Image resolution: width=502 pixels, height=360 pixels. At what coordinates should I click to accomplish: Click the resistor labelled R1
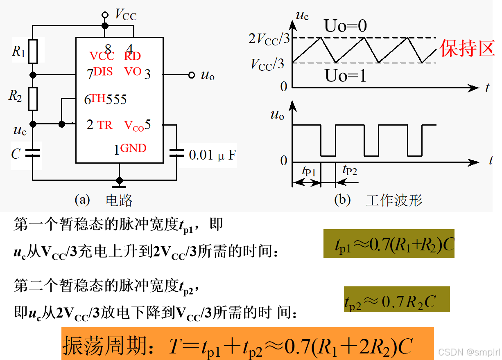[33, 51]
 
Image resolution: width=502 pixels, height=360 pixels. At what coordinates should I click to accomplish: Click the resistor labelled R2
[33, 99]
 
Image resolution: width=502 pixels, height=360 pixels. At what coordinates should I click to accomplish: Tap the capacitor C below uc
[33, 153]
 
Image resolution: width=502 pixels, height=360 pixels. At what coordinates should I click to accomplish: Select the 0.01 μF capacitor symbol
[177, 153]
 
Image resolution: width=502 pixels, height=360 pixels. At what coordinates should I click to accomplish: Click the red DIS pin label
[103, 72]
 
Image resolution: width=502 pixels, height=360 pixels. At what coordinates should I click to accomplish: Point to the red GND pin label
[133, 148]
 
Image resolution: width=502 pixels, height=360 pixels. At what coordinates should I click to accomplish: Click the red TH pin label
[98, 98]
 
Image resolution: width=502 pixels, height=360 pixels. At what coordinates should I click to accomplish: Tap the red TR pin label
[105, 125]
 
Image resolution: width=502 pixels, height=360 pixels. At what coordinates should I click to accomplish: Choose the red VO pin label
[133, 72]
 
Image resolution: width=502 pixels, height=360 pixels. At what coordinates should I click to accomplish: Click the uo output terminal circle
[191, 75]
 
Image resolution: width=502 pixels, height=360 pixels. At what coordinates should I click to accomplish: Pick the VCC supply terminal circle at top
[105, 15]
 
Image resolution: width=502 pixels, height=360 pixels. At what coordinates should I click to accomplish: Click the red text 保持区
[466, 48]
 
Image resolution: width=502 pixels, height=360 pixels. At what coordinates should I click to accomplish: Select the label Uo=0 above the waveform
[346, 26]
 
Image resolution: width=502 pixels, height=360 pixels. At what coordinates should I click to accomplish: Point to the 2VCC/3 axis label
[269, 39]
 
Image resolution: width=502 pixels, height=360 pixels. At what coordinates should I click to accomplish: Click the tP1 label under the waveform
[309, 171]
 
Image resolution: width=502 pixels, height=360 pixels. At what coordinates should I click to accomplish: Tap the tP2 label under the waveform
[350, 170]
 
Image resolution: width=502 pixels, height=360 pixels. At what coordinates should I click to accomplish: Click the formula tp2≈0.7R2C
[390, 302]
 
